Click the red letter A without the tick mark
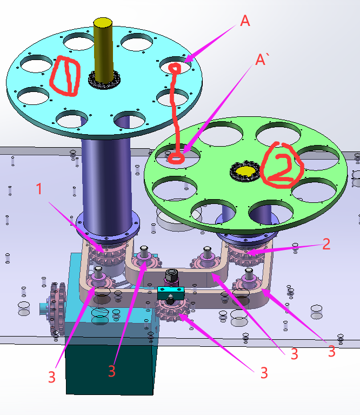point(245,21)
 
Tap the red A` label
point(262,60)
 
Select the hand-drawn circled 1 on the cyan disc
point(65,75)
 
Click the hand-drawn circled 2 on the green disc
point(282,165)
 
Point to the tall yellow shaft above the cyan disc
point(103,50)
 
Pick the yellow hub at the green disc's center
point(245,171)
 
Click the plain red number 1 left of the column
point(39,189)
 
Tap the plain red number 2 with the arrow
point(326,244)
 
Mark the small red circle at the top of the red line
point(175,69)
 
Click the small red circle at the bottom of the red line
point(176,159)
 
